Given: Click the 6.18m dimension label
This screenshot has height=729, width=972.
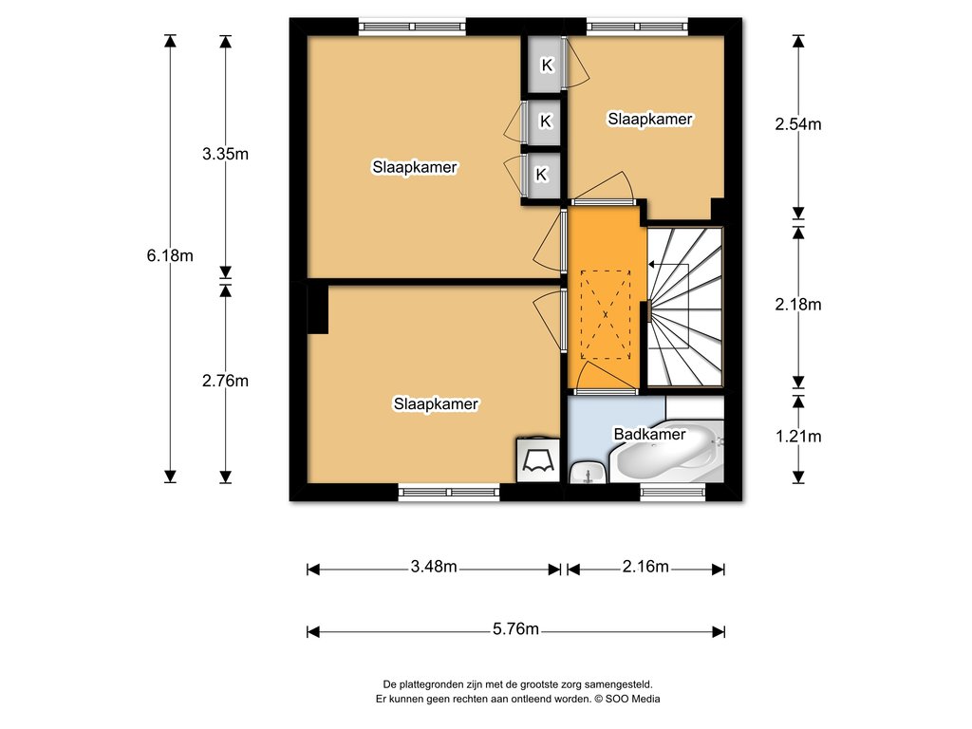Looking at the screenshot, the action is pos(170,254).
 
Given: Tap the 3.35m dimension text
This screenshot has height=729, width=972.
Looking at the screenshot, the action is pos(225,153).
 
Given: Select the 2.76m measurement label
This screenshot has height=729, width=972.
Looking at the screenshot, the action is pos(225,381).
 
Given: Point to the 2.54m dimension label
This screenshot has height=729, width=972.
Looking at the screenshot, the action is pos(797,124).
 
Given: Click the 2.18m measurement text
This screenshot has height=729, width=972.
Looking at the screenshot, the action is pos(797,304).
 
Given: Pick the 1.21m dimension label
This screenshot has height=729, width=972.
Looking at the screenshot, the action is pos(797,437).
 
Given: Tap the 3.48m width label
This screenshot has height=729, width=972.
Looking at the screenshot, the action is pos(434,566).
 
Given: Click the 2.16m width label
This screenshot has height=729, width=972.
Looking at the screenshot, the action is pos(645,566).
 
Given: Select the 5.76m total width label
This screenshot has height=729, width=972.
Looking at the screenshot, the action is pos(515,628).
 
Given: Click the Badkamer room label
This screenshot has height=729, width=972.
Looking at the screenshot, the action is pos(649,434).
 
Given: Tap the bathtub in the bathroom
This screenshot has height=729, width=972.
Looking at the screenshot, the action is pos(667,451).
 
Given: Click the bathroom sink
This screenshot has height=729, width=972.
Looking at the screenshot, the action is pos(587,472).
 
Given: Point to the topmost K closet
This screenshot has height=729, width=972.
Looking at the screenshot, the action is pos(546,65).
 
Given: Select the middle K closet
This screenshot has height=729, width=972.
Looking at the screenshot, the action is pos(544,121).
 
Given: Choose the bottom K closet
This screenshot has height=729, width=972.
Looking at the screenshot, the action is pos(542,175).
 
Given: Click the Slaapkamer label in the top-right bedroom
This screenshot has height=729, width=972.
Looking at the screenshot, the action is pos(649,119).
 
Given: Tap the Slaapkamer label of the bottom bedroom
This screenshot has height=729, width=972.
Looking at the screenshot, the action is pos(436,404).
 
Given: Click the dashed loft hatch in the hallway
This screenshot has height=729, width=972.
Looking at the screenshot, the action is pos(606,315).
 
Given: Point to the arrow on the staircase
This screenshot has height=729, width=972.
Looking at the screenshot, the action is pos(668,265).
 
